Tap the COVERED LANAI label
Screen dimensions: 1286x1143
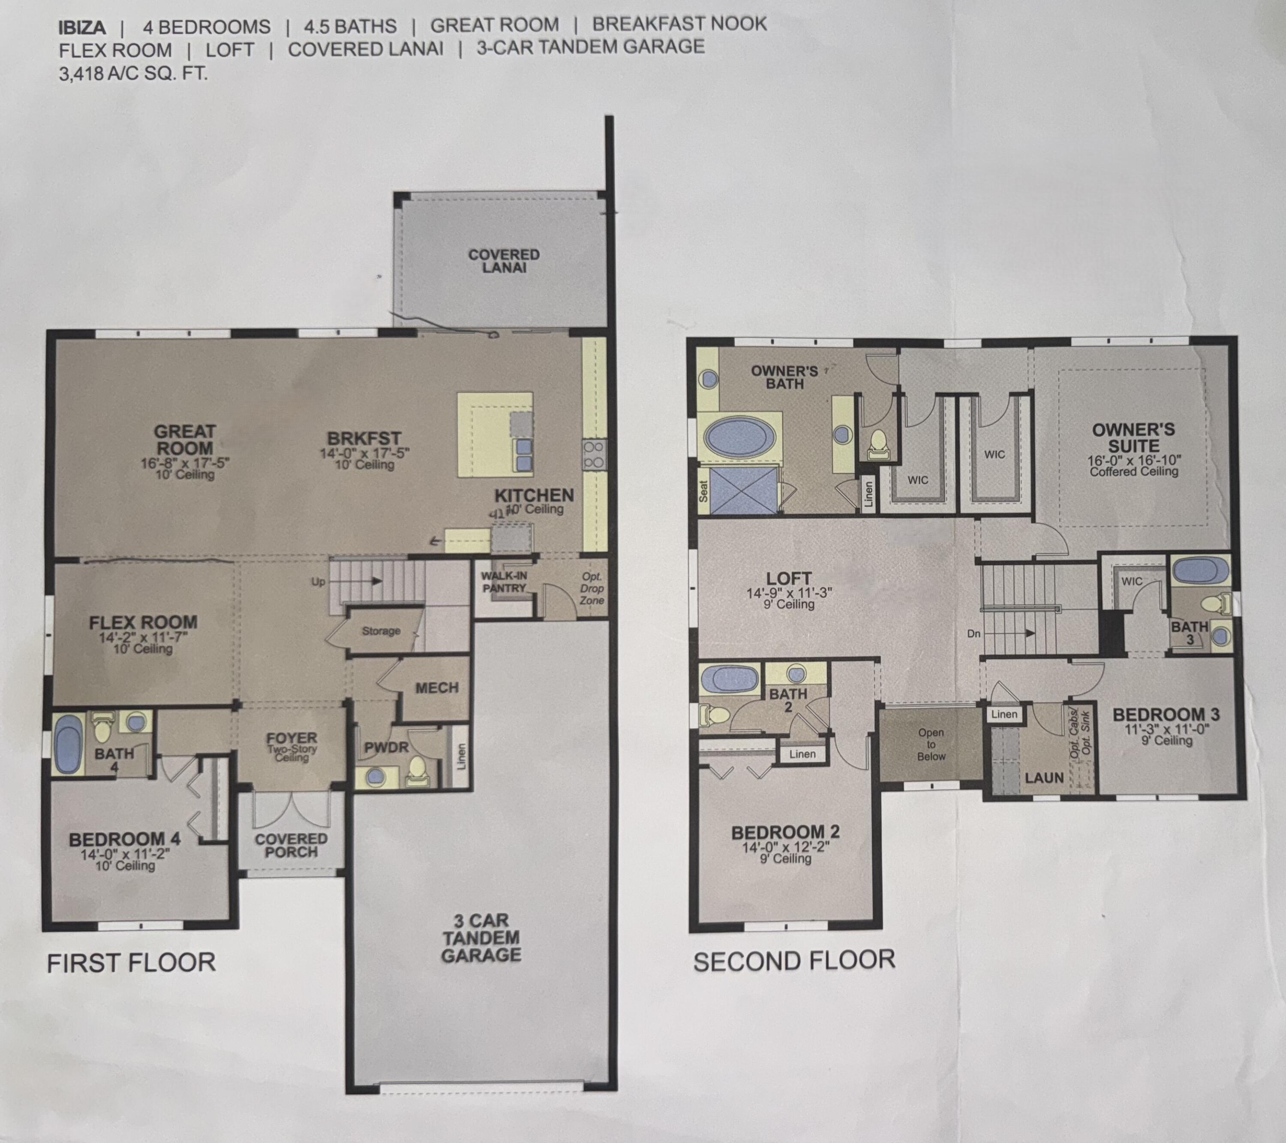click(x=504, y=261)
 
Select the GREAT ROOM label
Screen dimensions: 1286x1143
click(x=185, y=440)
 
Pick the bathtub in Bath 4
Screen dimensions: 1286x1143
click(x=68, y=744)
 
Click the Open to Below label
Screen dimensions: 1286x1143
click(x=931, y=745)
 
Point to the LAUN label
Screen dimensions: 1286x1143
click(x=1044, y=778)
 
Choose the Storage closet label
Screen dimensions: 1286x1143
click(x=381, y=630)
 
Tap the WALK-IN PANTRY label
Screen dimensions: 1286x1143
click(x=504, y=582)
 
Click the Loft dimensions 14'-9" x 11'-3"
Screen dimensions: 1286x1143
click(x=789, y=593)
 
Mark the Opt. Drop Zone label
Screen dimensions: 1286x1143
click(x=592, y=588)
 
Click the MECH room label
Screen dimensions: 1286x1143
click(x=437, y=688)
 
